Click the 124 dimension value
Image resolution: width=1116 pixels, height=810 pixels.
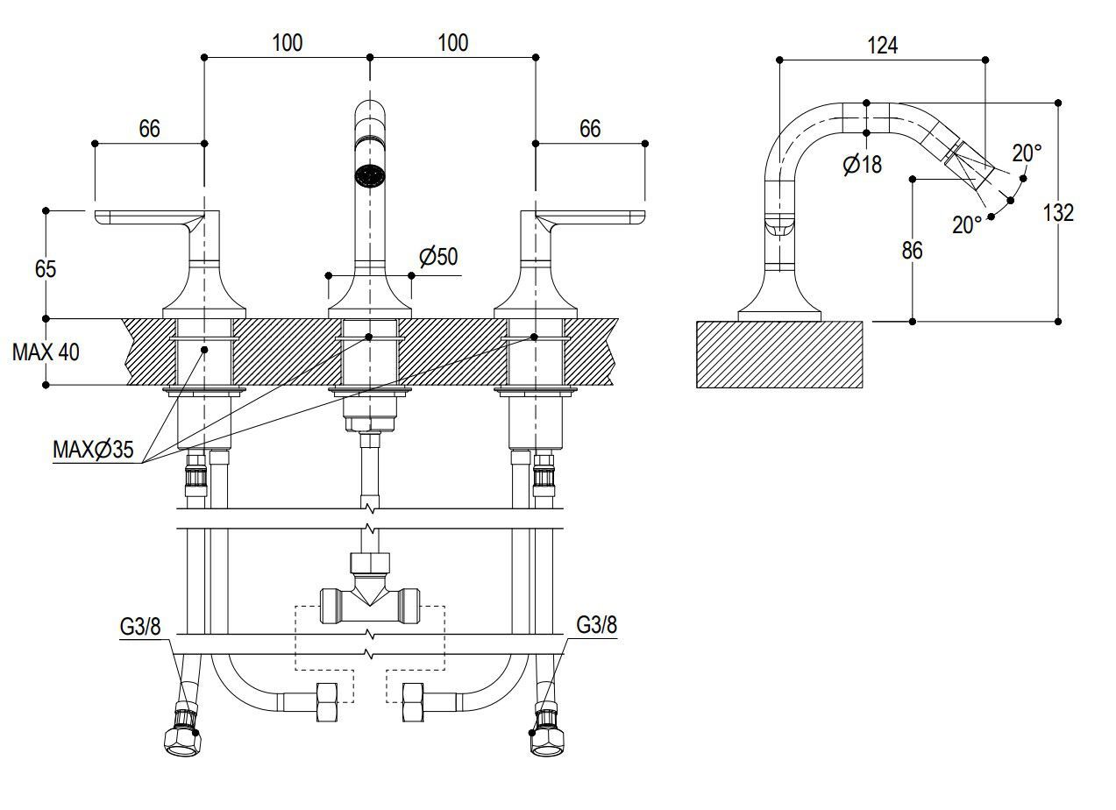pos(882,46)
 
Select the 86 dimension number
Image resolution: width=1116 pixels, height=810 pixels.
pos(912,251)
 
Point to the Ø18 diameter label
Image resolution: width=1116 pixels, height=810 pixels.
pos(863,164)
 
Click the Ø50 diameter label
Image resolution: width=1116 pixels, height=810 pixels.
pos(437,257)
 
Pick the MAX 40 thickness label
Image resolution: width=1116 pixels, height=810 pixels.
pos(46,352)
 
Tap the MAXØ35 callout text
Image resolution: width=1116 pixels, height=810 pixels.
pos(94,450)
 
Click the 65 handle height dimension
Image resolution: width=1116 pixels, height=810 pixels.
pos(45,268)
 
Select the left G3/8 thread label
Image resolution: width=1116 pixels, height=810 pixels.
pos(140,625)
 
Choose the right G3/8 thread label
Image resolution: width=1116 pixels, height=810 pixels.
pos(596,625)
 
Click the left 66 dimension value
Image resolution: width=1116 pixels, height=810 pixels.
pos(149,129)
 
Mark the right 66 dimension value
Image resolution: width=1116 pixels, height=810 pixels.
pos(590,129)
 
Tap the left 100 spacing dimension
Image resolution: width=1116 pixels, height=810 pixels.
pos(287,43)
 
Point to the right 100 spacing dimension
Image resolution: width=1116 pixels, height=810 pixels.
pos(452,43)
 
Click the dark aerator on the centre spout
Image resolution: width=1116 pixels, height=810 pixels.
pos(370,174)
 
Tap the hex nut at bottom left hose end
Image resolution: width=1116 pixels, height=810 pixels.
pos(182,739)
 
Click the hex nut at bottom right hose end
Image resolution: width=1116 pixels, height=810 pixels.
pos(546,739)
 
